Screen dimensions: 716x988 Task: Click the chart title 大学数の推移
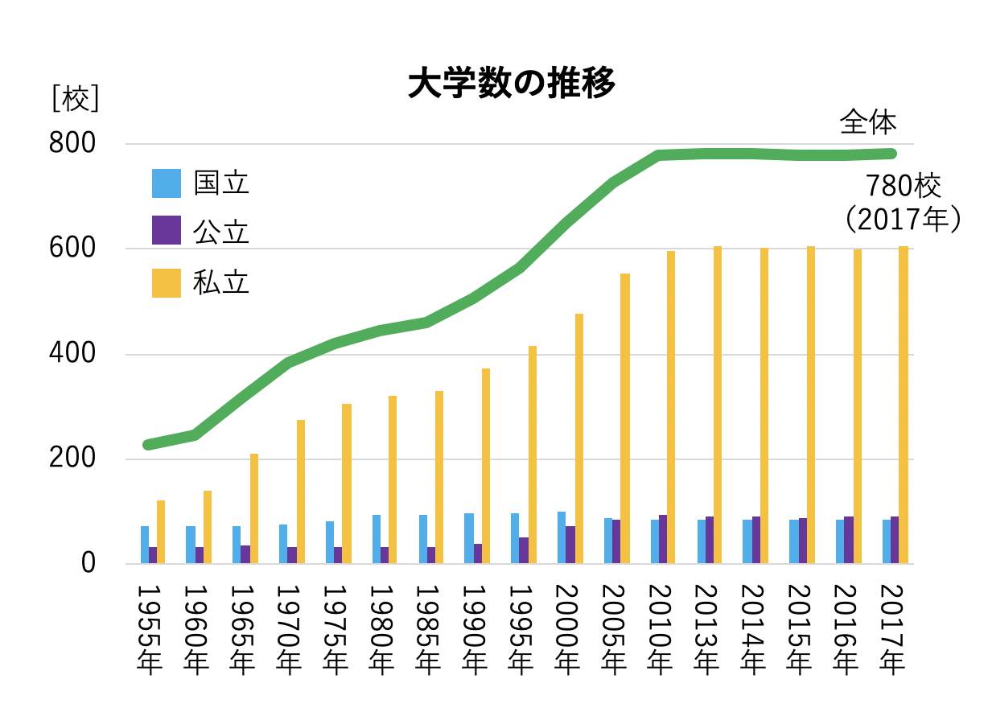tap(512, 83)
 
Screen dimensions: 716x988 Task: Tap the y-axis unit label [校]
tap(75, 100)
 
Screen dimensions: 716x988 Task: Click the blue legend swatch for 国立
tap(167, 183)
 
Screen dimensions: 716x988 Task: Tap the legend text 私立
tap(221, 282)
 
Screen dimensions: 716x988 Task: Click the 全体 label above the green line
tap(867, 123)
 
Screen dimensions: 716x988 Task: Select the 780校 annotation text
tap(903, 187)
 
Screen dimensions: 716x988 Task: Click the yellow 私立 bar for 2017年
tap(904, 405)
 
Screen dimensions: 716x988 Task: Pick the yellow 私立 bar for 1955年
tap(161, 532)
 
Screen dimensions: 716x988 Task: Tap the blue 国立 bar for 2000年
tap(562, 537)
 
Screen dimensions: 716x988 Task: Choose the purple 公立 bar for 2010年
tap(663, 539)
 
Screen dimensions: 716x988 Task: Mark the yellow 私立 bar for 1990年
tap(486, 466)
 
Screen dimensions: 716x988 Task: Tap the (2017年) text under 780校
tap(903, 219)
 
